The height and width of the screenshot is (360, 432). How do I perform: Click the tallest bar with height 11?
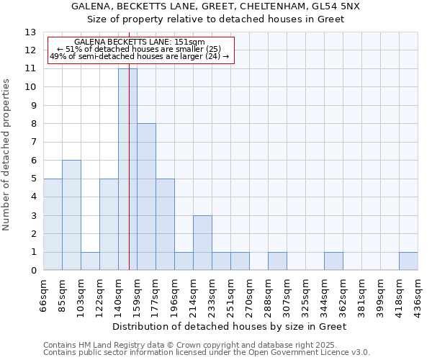coord(127,169)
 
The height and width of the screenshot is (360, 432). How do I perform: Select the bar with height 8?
coord(146,197)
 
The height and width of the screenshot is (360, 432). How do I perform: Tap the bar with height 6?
coord(71,215)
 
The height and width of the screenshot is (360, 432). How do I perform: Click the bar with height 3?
coord(202,243)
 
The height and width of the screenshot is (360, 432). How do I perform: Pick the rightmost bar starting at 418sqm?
coord(408,261)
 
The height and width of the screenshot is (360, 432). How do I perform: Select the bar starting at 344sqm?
coord(333,261)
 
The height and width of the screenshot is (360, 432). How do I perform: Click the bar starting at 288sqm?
coord(277,261)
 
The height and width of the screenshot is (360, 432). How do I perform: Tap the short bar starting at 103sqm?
coord(90,261)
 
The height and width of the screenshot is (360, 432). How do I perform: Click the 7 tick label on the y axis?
coord(33,143)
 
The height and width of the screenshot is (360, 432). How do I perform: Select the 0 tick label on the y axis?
coord(33,271)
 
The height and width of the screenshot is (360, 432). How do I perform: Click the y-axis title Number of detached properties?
coord(7,155)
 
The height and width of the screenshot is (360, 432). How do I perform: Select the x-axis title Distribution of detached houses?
coord(230,327)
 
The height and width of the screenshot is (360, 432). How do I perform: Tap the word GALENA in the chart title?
coord(92,6)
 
